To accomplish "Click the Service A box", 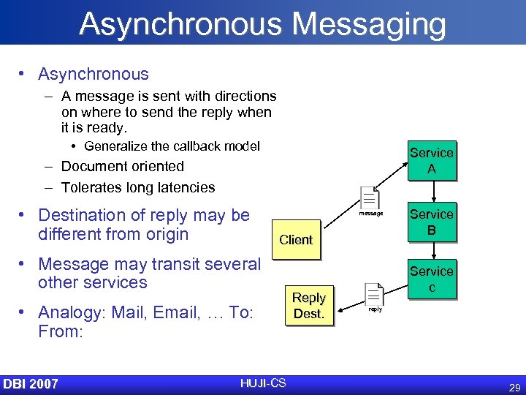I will [431, 160].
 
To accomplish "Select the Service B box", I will [431, 222].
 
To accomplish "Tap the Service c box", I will [431, 279].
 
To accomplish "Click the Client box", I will [296, 239].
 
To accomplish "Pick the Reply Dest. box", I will [308, 305].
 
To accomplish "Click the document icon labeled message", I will [370, 198].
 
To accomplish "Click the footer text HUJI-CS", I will [263, 383].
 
